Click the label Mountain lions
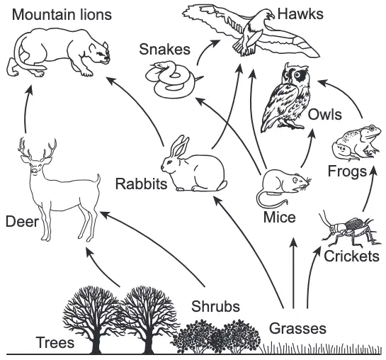[x=62, y=15]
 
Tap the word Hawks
[x=300, y=13]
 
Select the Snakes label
[x=165, y=49]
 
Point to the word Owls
[x=325, y=115]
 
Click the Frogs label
[x=347, y=171]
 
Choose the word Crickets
[x=351, y=256]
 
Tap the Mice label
[x=279, y=217]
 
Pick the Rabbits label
[x=142, y=184]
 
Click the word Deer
[x=22, y=221]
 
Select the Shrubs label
[x=215, y=306]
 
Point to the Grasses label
[x=297, y=329]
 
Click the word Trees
[x=55, y=342]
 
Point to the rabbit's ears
[x=180, y=146]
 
